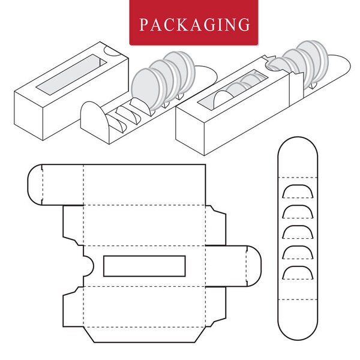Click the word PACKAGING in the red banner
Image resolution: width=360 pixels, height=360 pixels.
coord(195,25)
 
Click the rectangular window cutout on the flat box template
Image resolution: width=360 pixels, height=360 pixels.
coord(144,266)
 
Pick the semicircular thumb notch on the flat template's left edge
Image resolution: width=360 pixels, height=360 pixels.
coord(88,266)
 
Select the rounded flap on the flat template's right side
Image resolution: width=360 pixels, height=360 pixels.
coord(253,265)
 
